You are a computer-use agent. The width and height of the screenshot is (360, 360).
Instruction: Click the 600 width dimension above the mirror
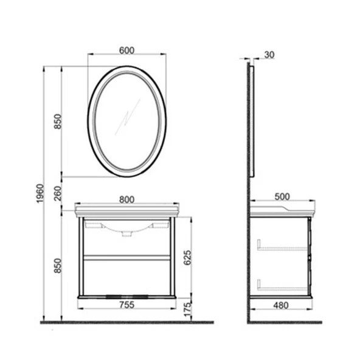point(126,51)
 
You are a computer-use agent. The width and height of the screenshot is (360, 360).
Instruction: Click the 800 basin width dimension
point(126,199)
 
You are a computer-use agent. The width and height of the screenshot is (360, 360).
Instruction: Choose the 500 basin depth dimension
point(282,197)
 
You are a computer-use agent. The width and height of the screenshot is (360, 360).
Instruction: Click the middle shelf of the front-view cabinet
point(126,257)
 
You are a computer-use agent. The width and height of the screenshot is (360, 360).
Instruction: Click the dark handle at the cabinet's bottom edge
point(126,297)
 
